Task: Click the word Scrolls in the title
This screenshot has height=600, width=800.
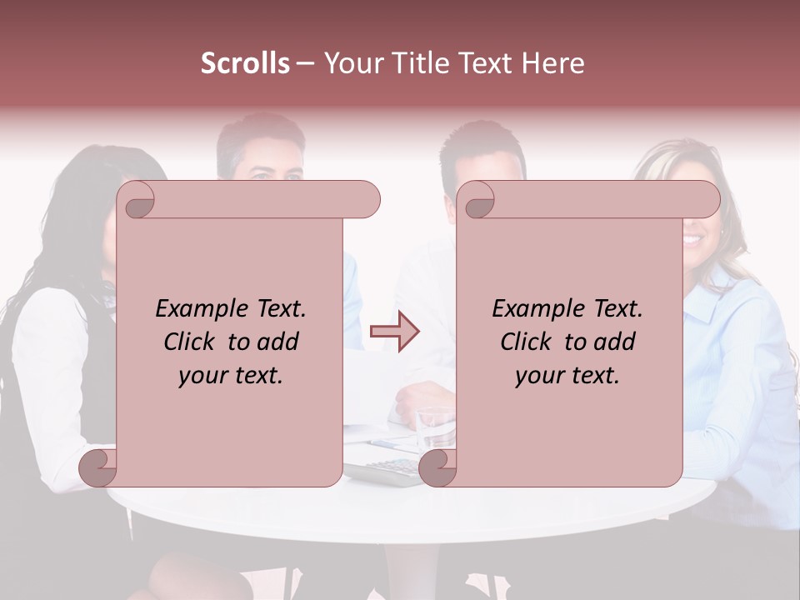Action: coord(246,63)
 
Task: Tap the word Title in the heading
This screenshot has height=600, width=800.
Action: coord(416,63)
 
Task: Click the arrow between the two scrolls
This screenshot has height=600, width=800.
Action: coord(395,332)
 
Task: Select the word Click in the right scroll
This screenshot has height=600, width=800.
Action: coord(527,342)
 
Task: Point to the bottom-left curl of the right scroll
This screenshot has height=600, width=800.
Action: coord(437,469)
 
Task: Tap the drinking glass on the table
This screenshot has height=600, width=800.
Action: coord(436,425)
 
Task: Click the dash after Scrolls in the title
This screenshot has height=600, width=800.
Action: coord(306,64)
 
